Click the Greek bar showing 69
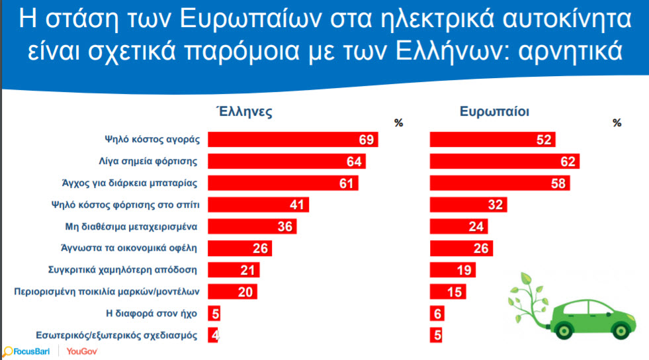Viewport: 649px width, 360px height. (292, 140)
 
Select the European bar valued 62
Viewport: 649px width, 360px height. (505, 161)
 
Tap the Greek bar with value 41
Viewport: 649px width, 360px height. (258, 205)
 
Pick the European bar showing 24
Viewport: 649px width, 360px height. (459, 226)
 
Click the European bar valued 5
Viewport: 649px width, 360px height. (436, 335)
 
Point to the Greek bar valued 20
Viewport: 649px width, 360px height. (232, 292)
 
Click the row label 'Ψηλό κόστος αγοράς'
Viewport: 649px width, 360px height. (152, 140)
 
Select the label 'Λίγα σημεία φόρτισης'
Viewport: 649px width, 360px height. (148, 161)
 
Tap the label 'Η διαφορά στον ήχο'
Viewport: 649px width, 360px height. (151, 314)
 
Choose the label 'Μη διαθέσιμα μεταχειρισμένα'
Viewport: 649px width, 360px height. (131, 227)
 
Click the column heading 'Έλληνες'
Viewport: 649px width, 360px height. (245, 111)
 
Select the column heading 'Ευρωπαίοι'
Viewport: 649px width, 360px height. (494, 111)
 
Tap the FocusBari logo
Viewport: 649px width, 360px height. (26, 351)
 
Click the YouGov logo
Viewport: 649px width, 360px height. (82, 351)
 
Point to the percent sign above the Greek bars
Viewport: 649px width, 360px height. (398, 123)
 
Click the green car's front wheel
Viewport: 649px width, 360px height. (621, 330)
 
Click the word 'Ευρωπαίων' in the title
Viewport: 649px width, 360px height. (251, 19)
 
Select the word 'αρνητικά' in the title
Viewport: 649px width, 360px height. (570, 52)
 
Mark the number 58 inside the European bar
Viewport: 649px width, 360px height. (558, 183)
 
